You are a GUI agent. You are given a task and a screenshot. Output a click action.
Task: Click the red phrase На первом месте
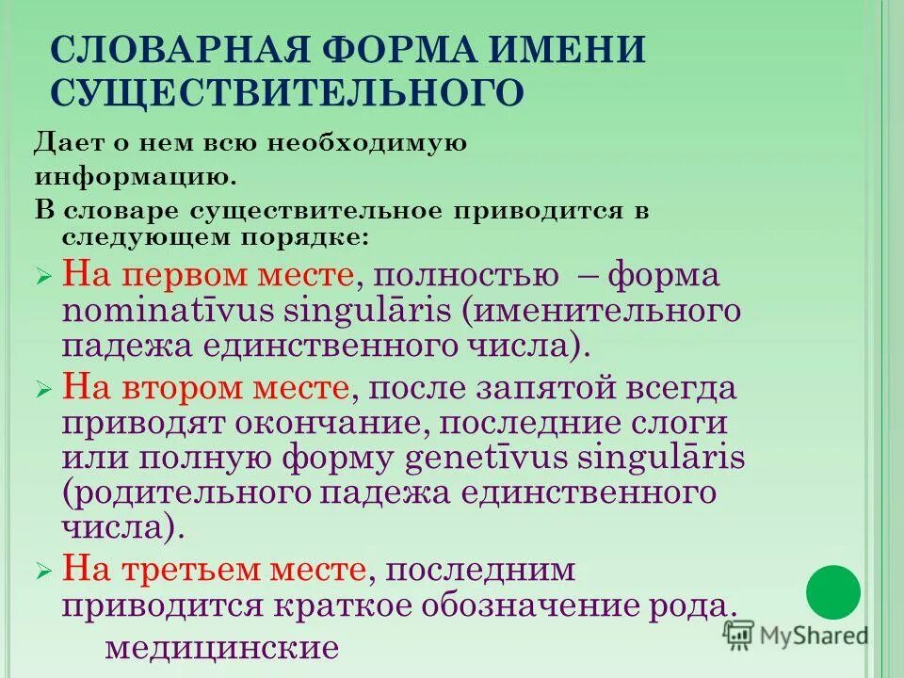coord(207,277)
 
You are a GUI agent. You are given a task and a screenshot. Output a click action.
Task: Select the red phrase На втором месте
coord(207,387)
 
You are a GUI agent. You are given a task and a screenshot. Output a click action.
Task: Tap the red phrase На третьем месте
coord(214,570)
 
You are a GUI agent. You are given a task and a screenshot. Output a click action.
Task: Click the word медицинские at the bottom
coord(221,647)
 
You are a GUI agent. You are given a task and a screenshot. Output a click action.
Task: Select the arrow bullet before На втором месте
coord(43,389)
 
